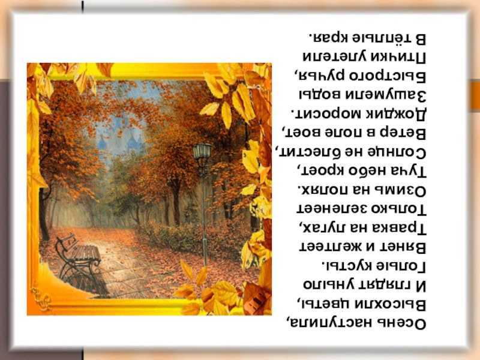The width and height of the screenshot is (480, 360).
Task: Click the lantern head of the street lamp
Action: click(202, 152)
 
